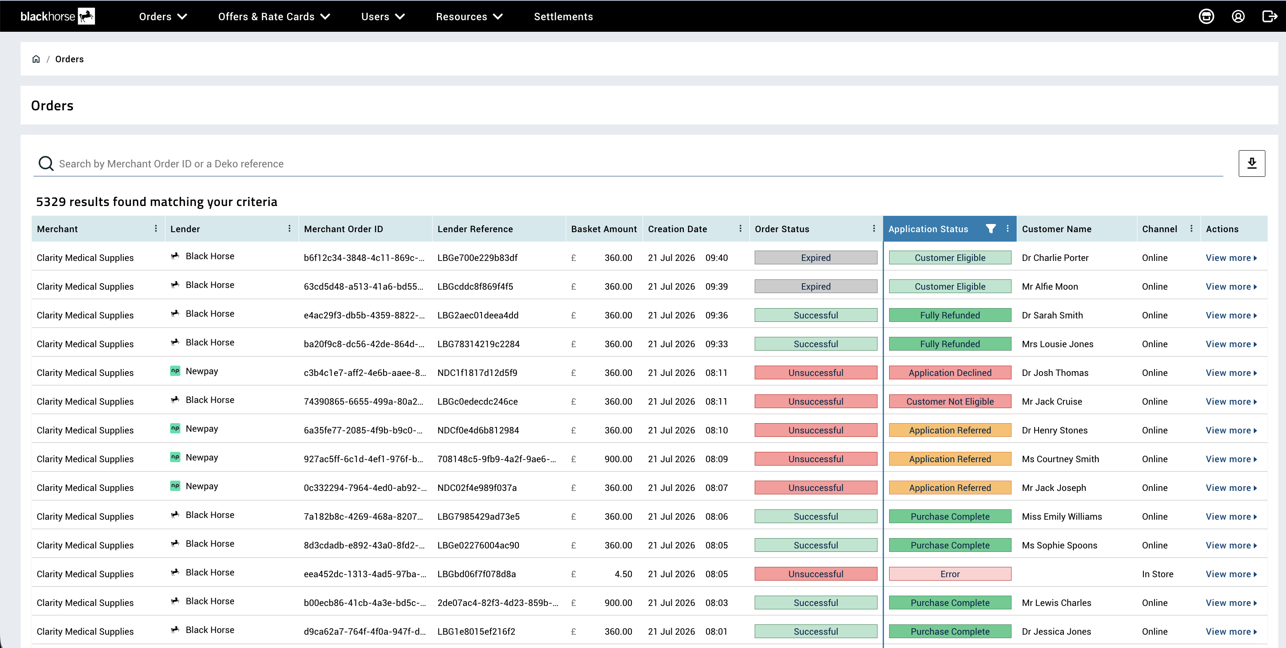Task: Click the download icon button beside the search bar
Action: click(x=1252, y=164)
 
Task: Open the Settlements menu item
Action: click(x=563, y=16)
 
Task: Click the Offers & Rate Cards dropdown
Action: click(x=274, y=16)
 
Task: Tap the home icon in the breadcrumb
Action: click(x=36, y=59)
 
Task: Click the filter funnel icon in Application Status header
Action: click(x=990, y=228)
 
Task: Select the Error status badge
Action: click(x=950, y=574)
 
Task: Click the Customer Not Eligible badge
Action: click(x=950, y=402)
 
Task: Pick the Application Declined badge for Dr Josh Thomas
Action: click(x=950, y=372)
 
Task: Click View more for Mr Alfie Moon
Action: click(x=1231, y=286)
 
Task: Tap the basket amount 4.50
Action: click(x=623, y=574)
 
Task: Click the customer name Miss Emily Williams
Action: click(x=1061, y=516)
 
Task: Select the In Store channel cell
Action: click(x=1157, y=574)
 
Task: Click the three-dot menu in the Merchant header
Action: click(x=156, y=228)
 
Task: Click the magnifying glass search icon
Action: click(x=46, y=164)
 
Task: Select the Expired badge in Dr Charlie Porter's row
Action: click(x=816, y=257)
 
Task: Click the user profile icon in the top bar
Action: click(x=1237, y=16)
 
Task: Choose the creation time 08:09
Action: click(x=716, y=459)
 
